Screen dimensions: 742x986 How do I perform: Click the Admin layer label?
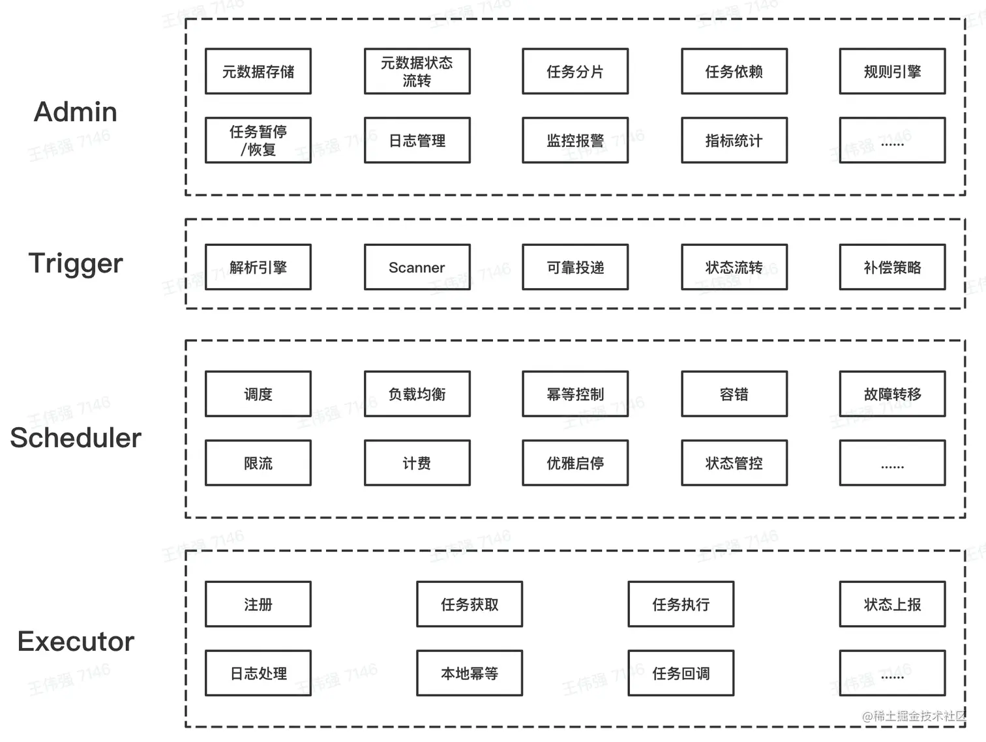point(76,111)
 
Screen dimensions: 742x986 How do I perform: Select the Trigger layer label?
point(76,263)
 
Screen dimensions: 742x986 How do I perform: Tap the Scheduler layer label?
point(76,438)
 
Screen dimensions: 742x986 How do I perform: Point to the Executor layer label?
point(76,642)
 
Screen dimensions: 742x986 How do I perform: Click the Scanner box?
point(417,267)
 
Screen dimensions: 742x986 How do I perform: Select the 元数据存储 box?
point(258,72)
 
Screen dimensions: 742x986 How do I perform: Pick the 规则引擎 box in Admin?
point(891,72)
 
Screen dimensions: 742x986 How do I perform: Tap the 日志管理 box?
point(417,141)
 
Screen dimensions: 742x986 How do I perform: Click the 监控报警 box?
point(575,141)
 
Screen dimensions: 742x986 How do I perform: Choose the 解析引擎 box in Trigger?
point(258,267)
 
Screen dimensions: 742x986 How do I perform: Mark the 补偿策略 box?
point(891,267)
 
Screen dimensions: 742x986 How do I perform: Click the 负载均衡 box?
point(417,394)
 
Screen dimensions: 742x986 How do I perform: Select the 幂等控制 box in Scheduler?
point(575,394)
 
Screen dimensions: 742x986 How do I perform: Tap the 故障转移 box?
point(891,394)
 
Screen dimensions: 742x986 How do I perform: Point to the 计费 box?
point(417,464)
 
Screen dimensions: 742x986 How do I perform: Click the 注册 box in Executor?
point(258,604)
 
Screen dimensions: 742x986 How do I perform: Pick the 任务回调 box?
point(680,674)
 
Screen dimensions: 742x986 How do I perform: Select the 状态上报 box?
point(891,604)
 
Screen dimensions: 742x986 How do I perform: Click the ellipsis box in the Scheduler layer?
point(891,464)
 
